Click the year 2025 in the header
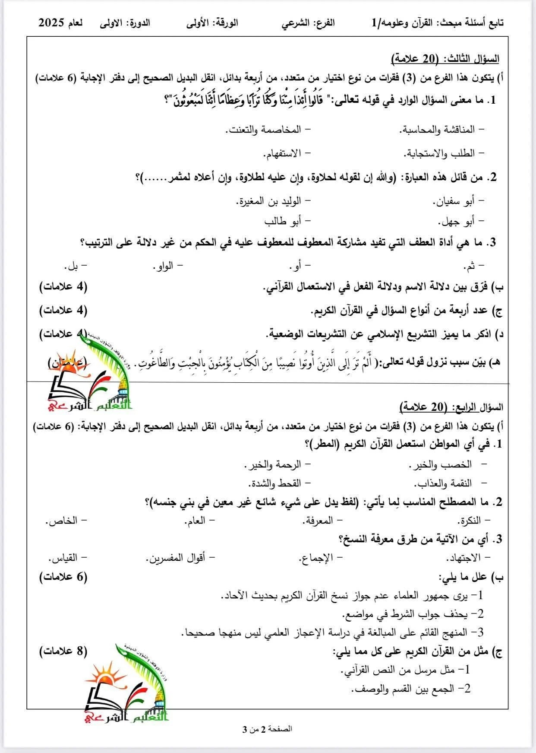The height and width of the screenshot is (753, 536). coord(53,23)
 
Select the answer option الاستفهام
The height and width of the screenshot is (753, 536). coord(282,153)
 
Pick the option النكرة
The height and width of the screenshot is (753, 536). coord(472,521)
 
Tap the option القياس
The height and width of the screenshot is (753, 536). coord(65,558)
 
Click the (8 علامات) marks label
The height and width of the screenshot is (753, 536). coord(63,651)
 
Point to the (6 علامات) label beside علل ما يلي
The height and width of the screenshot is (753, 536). coord(63,577)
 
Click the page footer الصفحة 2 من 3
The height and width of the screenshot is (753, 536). coord(268,729)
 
